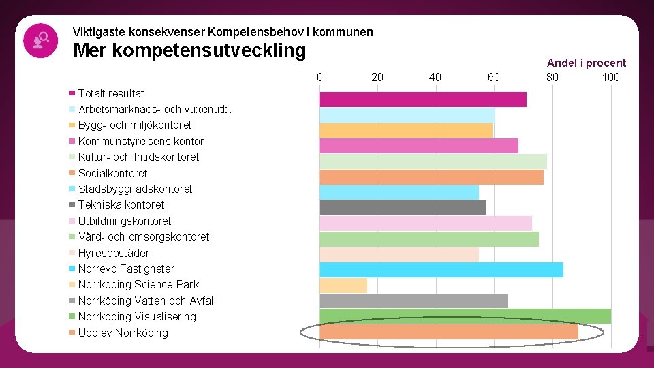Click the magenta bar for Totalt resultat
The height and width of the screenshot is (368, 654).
click(422, 99)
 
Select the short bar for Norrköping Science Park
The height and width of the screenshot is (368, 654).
click(343, 286)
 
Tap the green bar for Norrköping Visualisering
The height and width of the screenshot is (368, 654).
click(465, 316)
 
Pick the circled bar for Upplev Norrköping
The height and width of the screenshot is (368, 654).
click(448, 332)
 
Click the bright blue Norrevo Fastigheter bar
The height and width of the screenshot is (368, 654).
click(441, 270)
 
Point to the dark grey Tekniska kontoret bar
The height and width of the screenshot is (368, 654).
click(403, 208)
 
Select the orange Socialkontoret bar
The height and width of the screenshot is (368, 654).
click(431, 177)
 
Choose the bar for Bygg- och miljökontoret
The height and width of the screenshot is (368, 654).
click(405, 130)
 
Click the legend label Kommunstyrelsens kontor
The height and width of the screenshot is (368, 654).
click(140, 141)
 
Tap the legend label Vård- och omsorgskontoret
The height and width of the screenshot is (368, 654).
click(143, 236)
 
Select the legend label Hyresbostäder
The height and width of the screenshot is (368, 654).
click(113, 253)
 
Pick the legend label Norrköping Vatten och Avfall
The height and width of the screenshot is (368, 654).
click(146, 301)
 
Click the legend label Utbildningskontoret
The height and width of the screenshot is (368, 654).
click(125, 221)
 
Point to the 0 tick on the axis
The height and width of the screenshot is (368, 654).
click(320, 77)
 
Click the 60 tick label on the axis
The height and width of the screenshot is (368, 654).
click(494, 77)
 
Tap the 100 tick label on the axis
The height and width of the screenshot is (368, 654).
click(610, 77)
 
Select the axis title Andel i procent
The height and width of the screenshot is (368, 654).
click(586, 63)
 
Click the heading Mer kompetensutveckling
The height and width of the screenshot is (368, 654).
click(189, 50)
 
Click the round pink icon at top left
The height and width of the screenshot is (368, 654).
click(40, 40)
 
